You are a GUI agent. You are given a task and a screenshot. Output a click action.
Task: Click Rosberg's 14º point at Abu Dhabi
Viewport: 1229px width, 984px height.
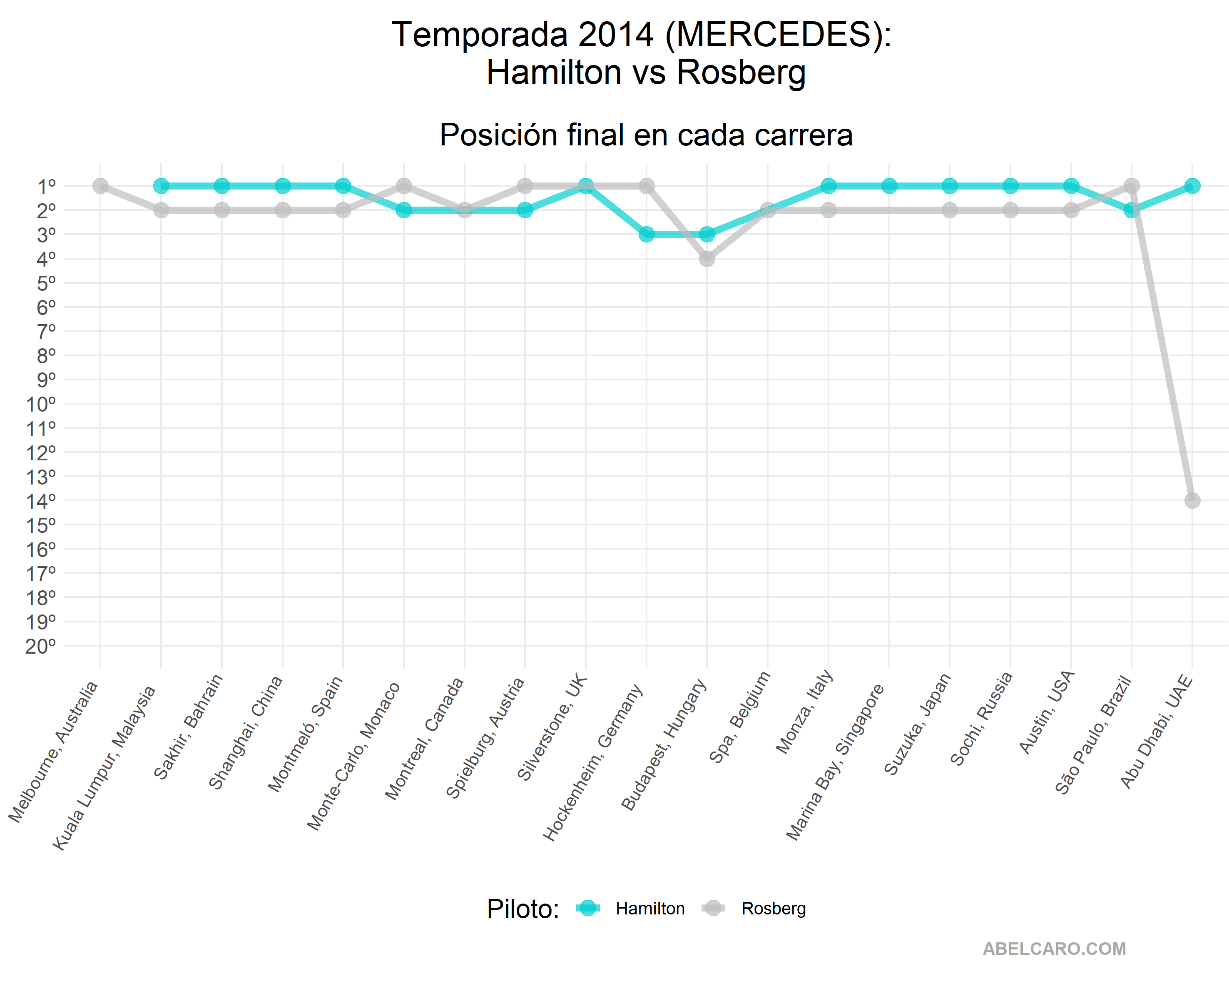[x=1192, y=500]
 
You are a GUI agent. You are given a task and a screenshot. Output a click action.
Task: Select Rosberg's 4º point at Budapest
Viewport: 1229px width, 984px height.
[x=707, y=258]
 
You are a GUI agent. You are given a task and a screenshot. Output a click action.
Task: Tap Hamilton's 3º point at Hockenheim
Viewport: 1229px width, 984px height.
[x=647, y=234]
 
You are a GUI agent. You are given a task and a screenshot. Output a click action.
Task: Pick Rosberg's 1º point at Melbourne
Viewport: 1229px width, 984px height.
[x=100, y=186]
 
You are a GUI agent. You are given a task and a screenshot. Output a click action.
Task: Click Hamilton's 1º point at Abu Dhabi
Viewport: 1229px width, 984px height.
[x=1192, y=186]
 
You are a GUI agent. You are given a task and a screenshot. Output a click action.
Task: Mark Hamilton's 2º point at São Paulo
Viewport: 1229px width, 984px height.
[x=1132, y=210]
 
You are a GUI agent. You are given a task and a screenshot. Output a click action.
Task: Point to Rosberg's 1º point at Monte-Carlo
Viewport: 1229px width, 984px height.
[x=403, y=186]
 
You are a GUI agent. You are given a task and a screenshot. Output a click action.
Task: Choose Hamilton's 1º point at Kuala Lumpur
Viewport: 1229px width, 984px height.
[x=161, y=186]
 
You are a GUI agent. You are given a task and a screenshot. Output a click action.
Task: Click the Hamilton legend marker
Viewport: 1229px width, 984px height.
[x=587, y=908]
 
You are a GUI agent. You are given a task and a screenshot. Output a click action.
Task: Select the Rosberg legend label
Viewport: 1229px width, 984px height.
[x=774, y=909]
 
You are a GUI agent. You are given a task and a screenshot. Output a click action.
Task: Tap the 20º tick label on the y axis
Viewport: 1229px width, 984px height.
[x=40, y=646]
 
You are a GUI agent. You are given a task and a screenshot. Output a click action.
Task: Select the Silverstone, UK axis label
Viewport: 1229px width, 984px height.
[x=551, y=727]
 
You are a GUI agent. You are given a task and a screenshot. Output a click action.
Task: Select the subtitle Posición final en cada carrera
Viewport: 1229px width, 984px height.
[x=646, y=135]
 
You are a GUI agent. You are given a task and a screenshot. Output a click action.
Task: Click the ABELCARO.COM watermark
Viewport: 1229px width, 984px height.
[x=1054, y=949]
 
